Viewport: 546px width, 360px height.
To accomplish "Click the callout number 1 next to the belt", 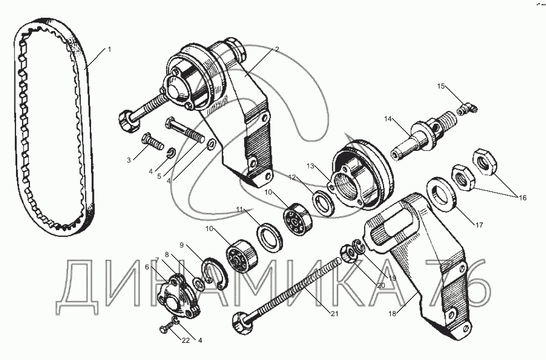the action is point(109,49).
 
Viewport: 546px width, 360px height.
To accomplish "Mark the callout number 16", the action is point(522,197).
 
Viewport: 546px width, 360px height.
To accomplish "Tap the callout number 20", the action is point(381,285).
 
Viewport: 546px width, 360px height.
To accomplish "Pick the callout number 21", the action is point(334,314).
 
